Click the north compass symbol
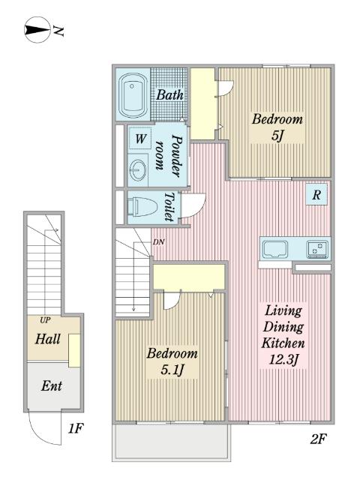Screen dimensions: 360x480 (x=37, y=30)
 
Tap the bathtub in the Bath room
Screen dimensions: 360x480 (x=133, y=95)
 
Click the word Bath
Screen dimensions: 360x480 (x=169, y=95)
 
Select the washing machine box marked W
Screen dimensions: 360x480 (x=140, y=139)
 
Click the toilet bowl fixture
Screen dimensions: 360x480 (x=142, y=207)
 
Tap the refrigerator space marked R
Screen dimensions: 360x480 (x=316, y=194)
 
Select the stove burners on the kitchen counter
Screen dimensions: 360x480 (x=317, y=249)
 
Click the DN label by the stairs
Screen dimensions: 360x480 (x=158, y=242)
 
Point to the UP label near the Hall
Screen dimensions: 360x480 (x=45, y=320)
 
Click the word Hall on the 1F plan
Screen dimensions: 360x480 (x=47, y=339)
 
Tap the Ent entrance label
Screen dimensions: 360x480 (x=52, y=385)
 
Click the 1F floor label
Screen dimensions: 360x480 (x=75, y=428)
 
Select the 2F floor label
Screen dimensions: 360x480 (x=318, y=439)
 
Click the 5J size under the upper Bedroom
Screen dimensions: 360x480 (x=277, y=136)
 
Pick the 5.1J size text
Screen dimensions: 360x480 (x=172, y=370)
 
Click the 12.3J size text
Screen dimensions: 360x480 (x=283, y=359)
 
